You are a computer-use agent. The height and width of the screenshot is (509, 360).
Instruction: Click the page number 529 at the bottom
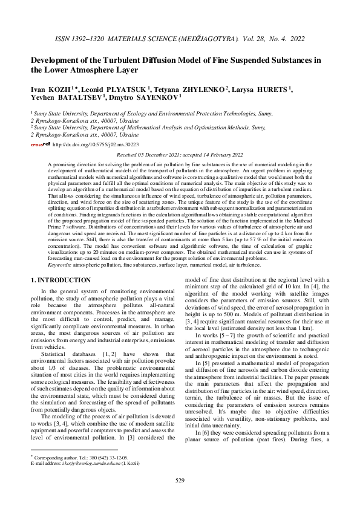180,481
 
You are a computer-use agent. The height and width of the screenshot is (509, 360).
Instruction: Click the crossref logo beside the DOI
41,145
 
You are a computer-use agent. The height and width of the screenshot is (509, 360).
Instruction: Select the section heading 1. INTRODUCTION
61,280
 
